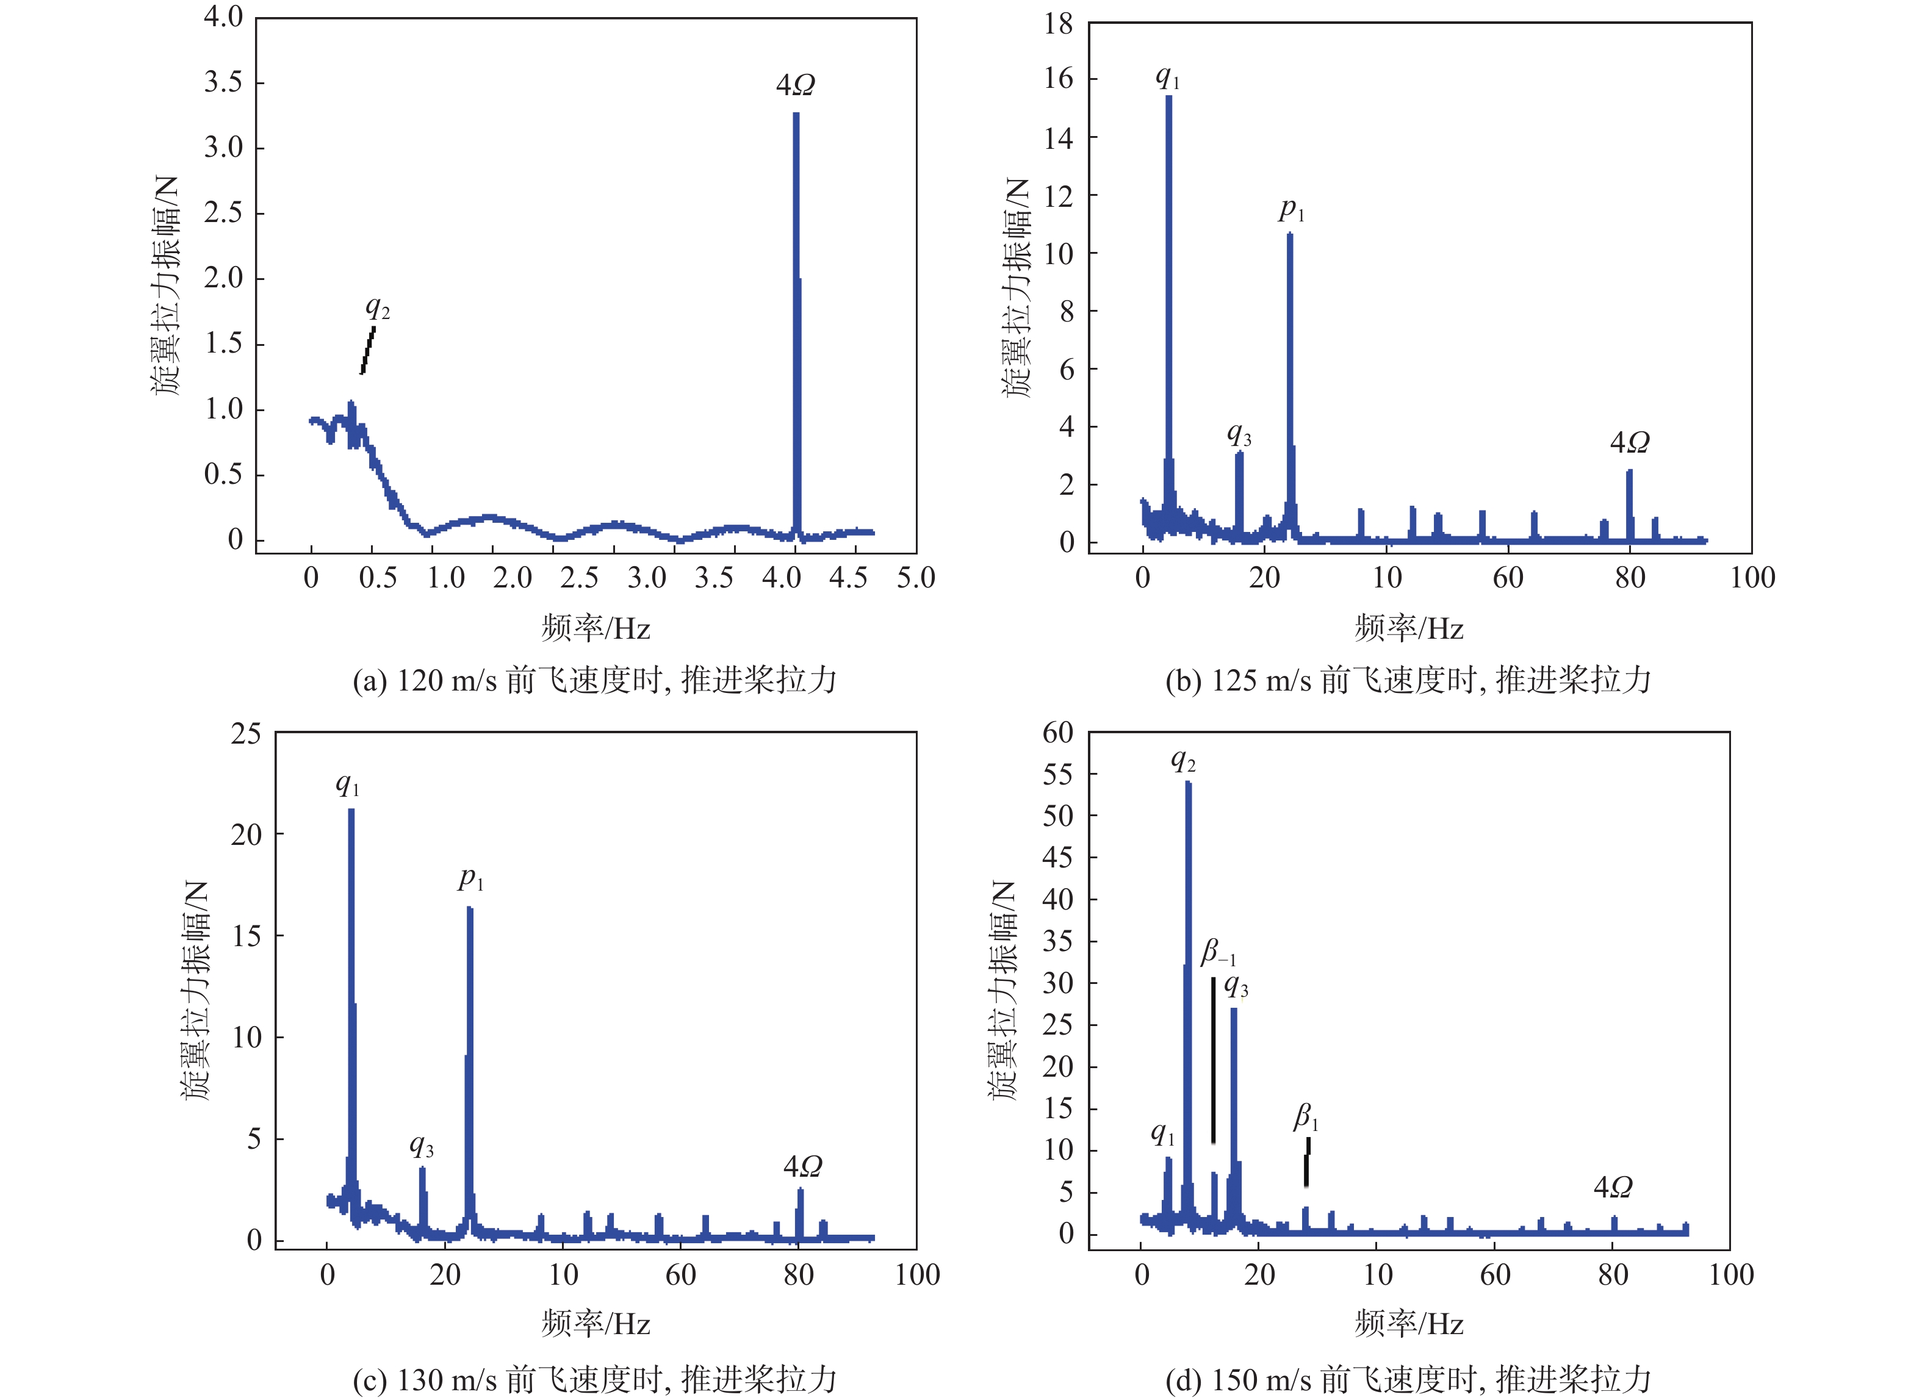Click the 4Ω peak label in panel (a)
point(795,85)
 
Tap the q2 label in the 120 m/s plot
point(377,309)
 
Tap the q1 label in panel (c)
point(347,784)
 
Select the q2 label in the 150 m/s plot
point(1183,760)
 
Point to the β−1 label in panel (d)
point(1218,952)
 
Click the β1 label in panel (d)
point(1305,1117)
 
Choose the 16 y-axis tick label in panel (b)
point(1059,79)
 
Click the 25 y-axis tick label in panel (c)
point(246,734)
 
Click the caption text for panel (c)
point(595,1380)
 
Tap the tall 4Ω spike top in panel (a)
point(796,115)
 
